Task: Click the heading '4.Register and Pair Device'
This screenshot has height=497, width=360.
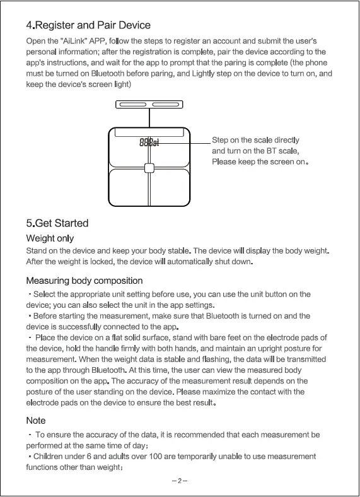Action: click(x=88, y=25)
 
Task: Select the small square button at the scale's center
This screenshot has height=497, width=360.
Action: click(x=149, y=168)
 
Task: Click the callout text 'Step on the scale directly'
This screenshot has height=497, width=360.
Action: click(x=255, y=140)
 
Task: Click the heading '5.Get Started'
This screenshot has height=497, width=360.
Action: click(x=57, y=223)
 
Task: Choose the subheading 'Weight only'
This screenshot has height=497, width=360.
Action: click(x=50, y=238)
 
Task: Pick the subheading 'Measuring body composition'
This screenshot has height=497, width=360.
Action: click(x=84, y=280)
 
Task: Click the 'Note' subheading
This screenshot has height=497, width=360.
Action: click(x=36, y=420)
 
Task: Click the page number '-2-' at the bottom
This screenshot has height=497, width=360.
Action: click(x=180, y=481)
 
